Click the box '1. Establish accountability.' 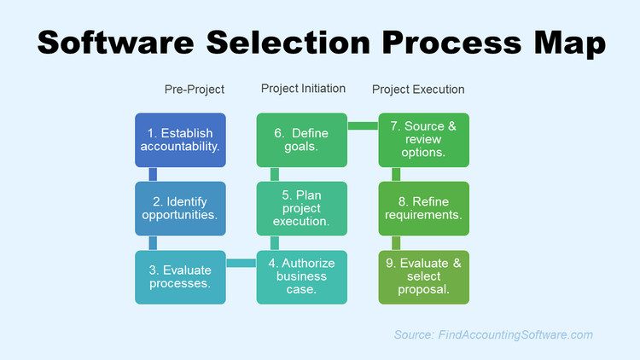point(181,140)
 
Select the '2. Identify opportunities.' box point(181,208)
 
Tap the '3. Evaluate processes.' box point(181,276)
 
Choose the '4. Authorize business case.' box point(302,276)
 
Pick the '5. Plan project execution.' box point(302,208)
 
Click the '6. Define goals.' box point(302,140)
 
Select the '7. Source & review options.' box point(424,140)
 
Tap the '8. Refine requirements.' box point(424,208)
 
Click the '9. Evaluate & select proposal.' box point(424,276)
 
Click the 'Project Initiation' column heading point(303,89)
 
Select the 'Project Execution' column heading point(418,89)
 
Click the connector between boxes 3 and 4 point(241,263)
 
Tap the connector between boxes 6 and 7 point(364,126)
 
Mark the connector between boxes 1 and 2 point(153,174)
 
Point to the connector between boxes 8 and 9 point(396,242)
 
